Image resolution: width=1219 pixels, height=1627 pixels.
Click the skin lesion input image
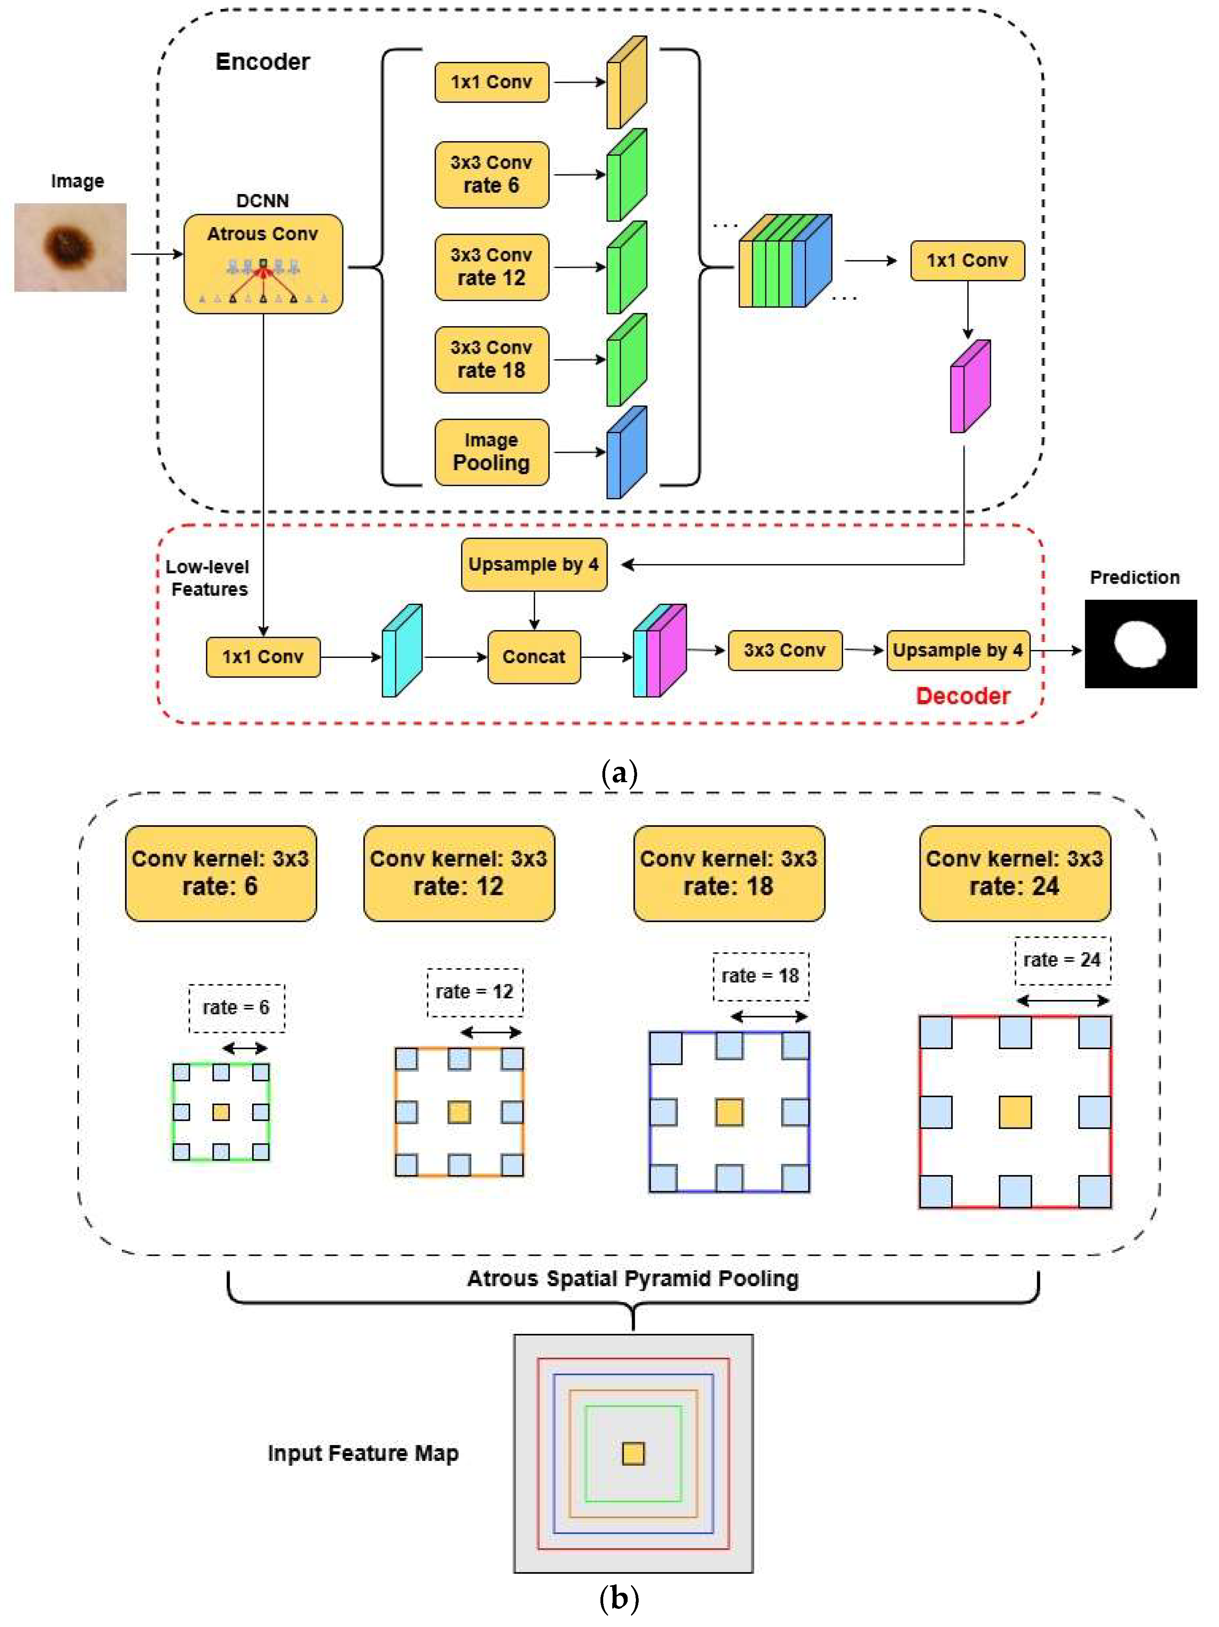[x=70, y=247]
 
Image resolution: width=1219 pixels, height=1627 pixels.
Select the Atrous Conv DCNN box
[x=263, y=263]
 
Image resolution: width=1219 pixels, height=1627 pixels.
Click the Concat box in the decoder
[x=533, y=657]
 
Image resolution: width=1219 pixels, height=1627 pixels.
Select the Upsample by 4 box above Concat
[x=533, y=564]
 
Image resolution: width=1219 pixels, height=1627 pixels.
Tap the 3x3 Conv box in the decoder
[x=784, y=650]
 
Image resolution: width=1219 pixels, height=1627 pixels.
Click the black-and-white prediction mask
[x=1140, y=644]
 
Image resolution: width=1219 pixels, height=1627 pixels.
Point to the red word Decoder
[x=962, y=696]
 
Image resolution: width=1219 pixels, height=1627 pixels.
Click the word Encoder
[x=263, y=62]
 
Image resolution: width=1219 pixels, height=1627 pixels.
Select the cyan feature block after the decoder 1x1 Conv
[x=402, y=651]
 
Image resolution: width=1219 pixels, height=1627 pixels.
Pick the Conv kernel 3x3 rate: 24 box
[x=1015, y=873]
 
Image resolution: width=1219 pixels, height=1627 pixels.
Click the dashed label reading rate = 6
[x=236, y=1008]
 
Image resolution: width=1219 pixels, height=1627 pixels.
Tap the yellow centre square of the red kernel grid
[x=1015, y=1112]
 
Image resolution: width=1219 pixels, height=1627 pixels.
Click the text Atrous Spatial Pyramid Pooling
[x=633, y=1278]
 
